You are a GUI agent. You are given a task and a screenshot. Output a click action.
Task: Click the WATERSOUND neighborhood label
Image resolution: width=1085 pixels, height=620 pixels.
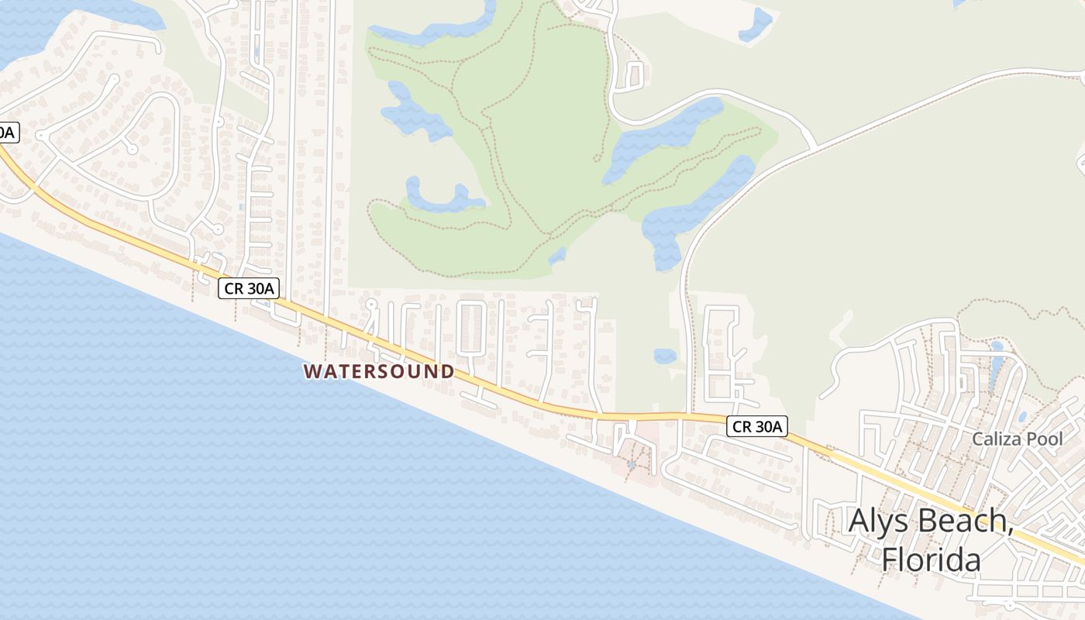coord(378,371)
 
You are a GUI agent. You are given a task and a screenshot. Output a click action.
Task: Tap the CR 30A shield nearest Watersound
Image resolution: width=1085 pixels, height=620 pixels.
coord(248,288)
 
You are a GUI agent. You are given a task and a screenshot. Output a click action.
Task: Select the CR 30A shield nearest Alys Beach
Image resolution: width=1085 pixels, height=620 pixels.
coord(758,425)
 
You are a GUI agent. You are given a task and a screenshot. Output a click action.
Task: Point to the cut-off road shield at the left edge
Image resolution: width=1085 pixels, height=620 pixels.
coord(6,133)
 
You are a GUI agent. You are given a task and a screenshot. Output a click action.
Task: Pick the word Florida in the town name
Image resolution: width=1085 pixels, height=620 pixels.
coord(932,559)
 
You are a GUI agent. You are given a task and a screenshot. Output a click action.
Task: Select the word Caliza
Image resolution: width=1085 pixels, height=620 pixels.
coord(997,439)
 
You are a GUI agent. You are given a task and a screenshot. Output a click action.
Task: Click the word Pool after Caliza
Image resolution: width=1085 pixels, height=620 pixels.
coord(1045,439)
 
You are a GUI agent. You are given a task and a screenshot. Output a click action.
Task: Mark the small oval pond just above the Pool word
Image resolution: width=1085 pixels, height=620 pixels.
coord(1022,416)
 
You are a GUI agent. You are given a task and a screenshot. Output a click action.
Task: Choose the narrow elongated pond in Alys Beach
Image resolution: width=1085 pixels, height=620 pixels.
coord(995,364)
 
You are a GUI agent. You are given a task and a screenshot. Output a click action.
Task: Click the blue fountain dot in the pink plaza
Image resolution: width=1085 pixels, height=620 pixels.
coord(632,465)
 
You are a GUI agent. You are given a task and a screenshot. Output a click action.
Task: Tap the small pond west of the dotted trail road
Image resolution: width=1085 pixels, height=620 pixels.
coord(664,356)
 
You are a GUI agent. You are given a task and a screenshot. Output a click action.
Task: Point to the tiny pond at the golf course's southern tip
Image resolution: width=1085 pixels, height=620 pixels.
coord(556,255)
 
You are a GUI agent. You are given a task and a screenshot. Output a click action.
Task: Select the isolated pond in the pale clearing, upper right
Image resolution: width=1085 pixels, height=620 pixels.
coord(756,24)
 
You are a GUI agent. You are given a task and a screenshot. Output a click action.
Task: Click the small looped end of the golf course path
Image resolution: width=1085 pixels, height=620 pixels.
coord(597,157)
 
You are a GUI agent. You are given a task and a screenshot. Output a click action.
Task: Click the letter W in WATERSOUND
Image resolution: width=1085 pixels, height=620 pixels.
coord(312,372)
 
